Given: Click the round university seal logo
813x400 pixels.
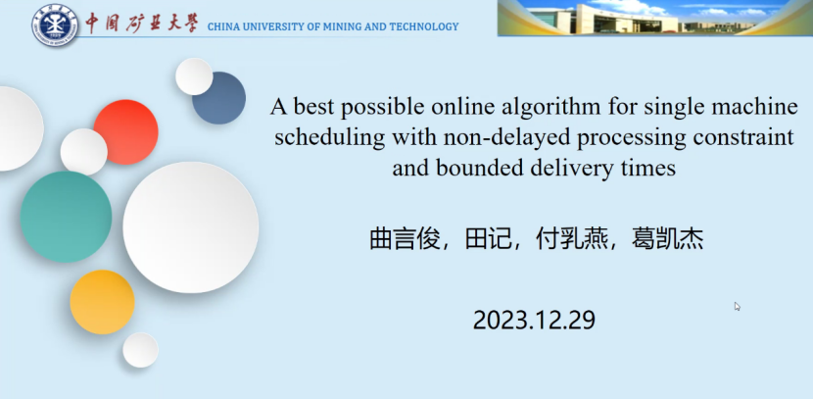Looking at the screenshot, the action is coord(55,25).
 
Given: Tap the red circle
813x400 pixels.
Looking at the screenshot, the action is coord(126,131).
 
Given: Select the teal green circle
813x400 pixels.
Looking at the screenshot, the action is coord(66,217).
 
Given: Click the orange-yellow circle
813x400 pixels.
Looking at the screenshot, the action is coord(102,302).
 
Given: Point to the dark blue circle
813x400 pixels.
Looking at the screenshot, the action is coord(218,98).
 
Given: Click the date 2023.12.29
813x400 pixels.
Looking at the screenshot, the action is coord(534,321).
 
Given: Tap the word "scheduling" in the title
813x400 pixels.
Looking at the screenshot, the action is coord(330,138).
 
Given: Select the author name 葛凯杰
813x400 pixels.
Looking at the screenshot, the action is coord(667,239).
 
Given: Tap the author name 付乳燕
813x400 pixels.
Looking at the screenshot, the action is coord(571,239).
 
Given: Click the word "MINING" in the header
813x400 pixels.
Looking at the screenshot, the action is coord(342,26).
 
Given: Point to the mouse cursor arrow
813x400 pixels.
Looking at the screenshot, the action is coord(737,306).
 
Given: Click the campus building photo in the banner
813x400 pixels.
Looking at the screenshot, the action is coord(655,18).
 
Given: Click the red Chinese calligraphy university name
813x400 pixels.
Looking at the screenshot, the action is coord(142,23).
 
